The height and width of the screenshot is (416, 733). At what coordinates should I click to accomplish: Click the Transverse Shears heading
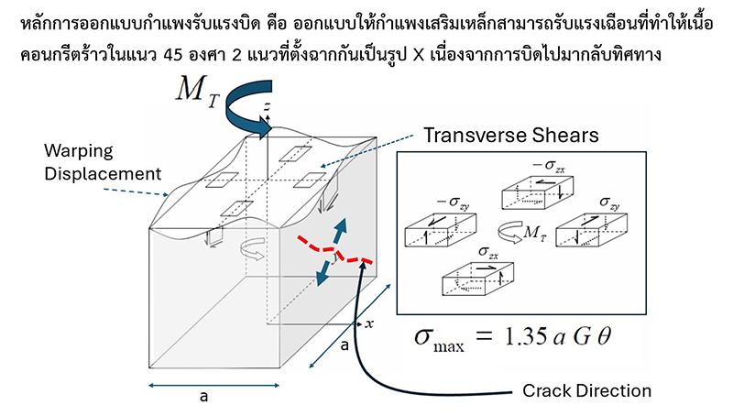tap(510, 134)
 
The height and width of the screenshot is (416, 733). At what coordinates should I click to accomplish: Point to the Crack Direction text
tap(586, 390)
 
